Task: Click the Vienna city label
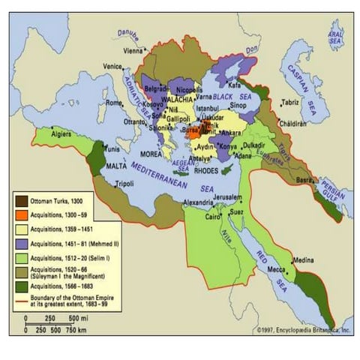click(x=132, y=51)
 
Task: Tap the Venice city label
click(x=112, y=66)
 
